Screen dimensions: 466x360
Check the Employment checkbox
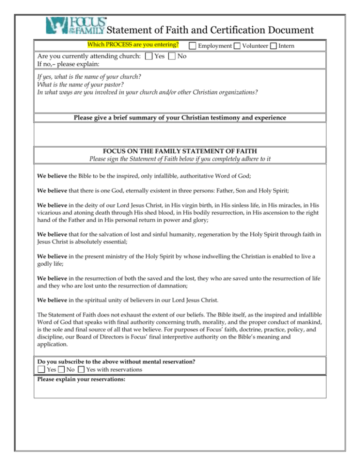192,46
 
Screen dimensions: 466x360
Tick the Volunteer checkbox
237,46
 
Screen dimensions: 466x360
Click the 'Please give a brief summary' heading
180,118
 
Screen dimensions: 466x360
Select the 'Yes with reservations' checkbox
82,369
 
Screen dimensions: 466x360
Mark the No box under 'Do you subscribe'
62,369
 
